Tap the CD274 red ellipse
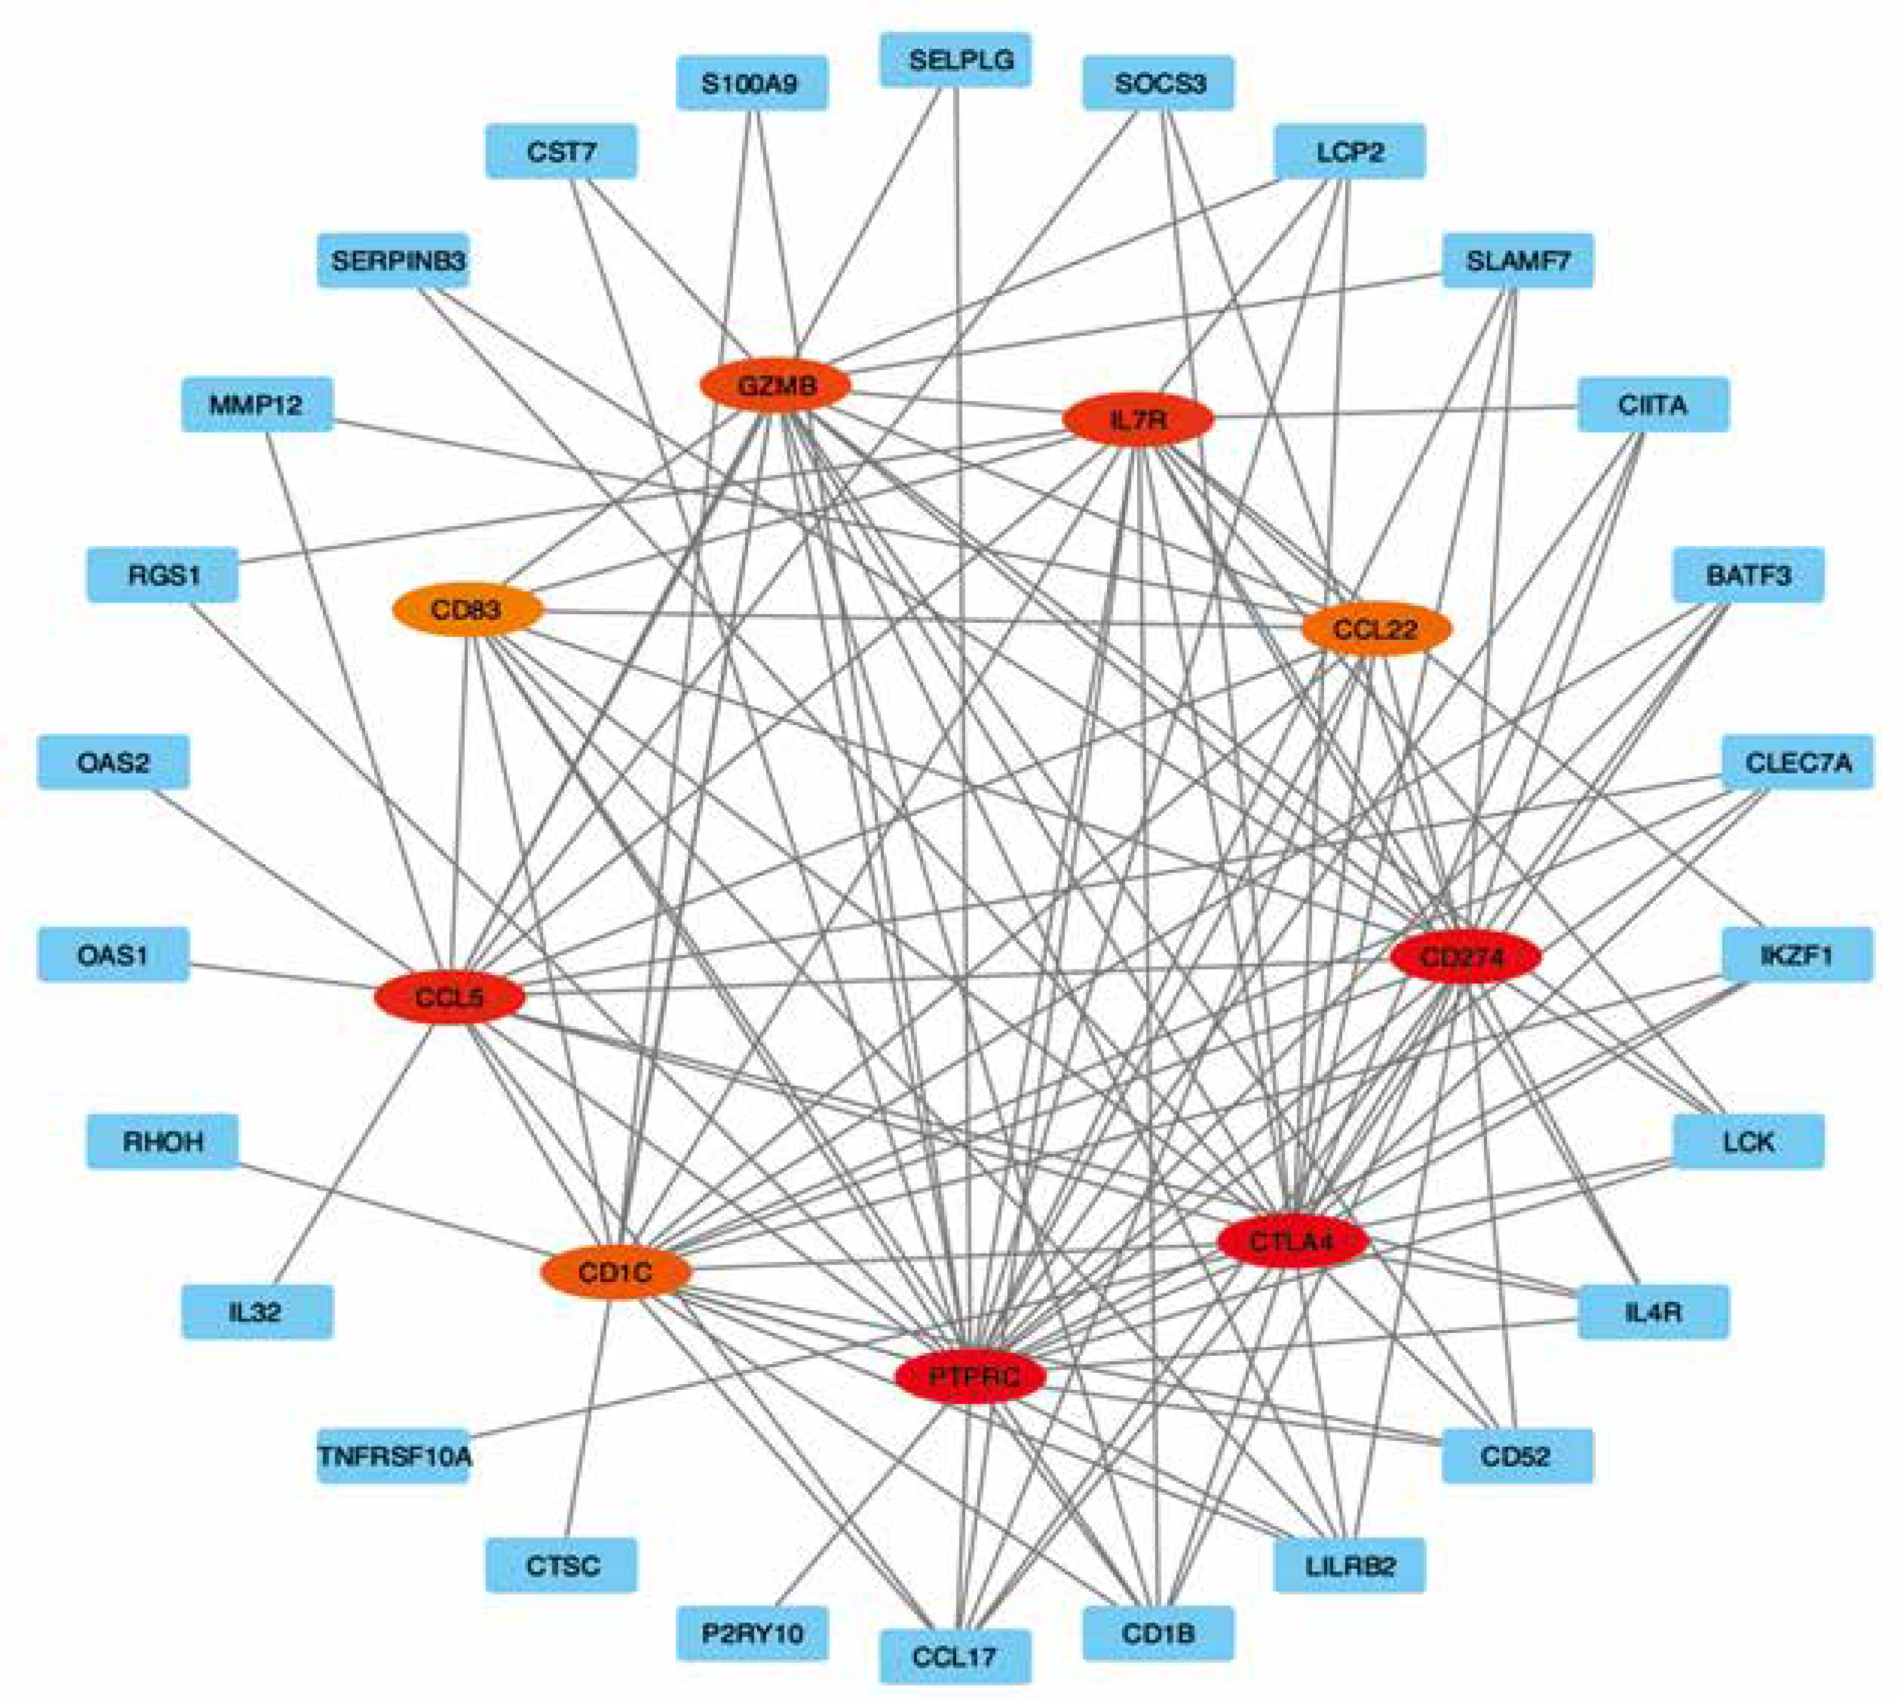click(1463, 957)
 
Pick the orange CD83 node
click(466, 610)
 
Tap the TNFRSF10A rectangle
click(394, 1455)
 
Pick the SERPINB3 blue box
click(394, 260)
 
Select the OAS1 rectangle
click(113, 954)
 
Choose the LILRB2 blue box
click(1349, 1564)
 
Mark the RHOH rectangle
click(162, 1141)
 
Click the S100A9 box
click(751, 83)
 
